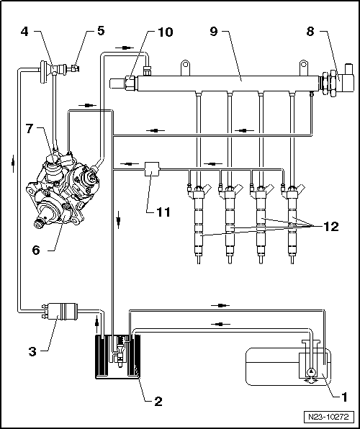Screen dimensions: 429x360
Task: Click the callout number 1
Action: click(344, 396)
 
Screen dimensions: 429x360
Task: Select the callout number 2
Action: click(158, 401)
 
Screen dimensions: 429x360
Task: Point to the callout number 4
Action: click(24, 33)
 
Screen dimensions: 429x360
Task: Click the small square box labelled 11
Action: click(152, 170)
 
